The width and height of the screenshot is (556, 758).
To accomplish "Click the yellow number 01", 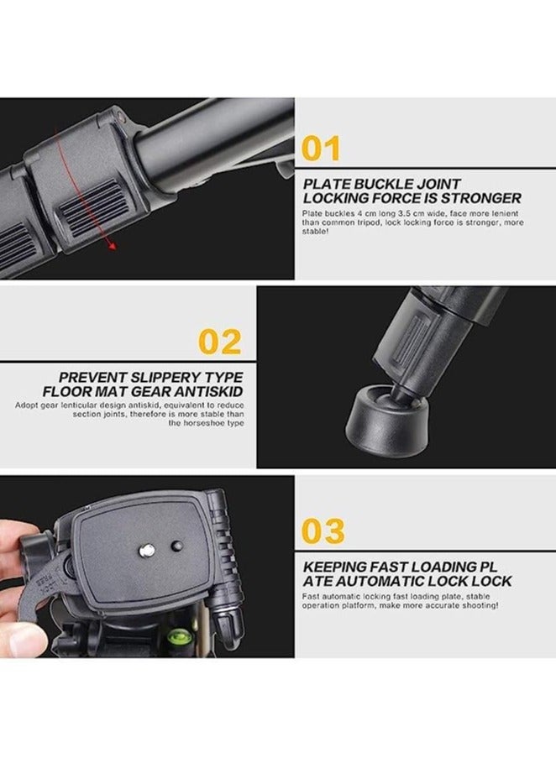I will [x=322, y=148].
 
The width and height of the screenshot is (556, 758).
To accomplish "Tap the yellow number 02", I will [x=219, y=341].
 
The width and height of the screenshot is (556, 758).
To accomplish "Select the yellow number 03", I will [x=323, y=531].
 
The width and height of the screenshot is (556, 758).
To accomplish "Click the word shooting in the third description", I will [x=479, y=605].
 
